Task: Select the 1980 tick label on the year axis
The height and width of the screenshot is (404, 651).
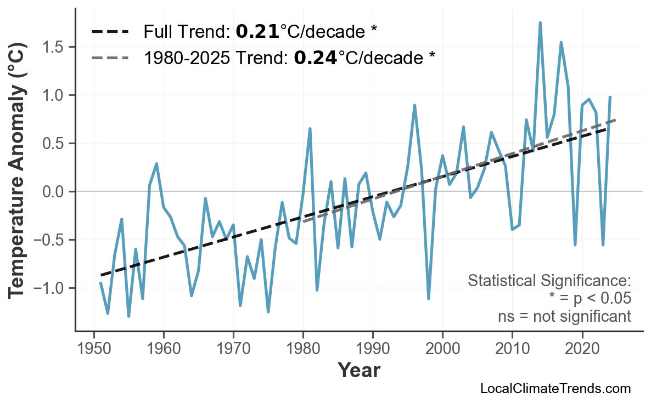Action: pos(303,349)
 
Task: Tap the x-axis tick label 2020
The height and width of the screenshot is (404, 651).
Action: pos(582,349)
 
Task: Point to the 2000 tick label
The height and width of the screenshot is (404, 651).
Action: pos(442,349)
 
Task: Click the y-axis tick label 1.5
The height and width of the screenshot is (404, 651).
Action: pos(53,47)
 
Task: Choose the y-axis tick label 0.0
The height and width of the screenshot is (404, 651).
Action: pos(53,192)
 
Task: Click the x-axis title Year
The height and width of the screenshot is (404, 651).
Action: pos(358,371)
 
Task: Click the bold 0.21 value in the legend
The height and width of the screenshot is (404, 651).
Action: pos(257,32)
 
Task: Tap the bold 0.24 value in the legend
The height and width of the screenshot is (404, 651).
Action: pos(315,58)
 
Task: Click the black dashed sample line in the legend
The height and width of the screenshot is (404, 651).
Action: pos(110,32)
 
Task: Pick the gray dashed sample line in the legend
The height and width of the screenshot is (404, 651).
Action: pos(110,58)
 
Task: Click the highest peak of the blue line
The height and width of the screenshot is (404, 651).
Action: pos(540,23)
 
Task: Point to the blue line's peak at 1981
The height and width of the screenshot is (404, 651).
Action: pos(310,129)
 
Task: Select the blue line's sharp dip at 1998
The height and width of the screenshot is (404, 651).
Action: pos(429,298)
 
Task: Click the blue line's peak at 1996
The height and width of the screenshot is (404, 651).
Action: pos(415,105)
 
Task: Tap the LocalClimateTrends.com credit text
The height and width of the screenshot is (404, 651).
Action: pos(555,389)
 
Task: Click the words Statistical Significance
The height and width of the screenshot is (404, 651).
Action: pos(549,281)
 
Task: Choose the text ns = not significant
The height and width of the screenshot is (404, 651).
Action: pos(564,316)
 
